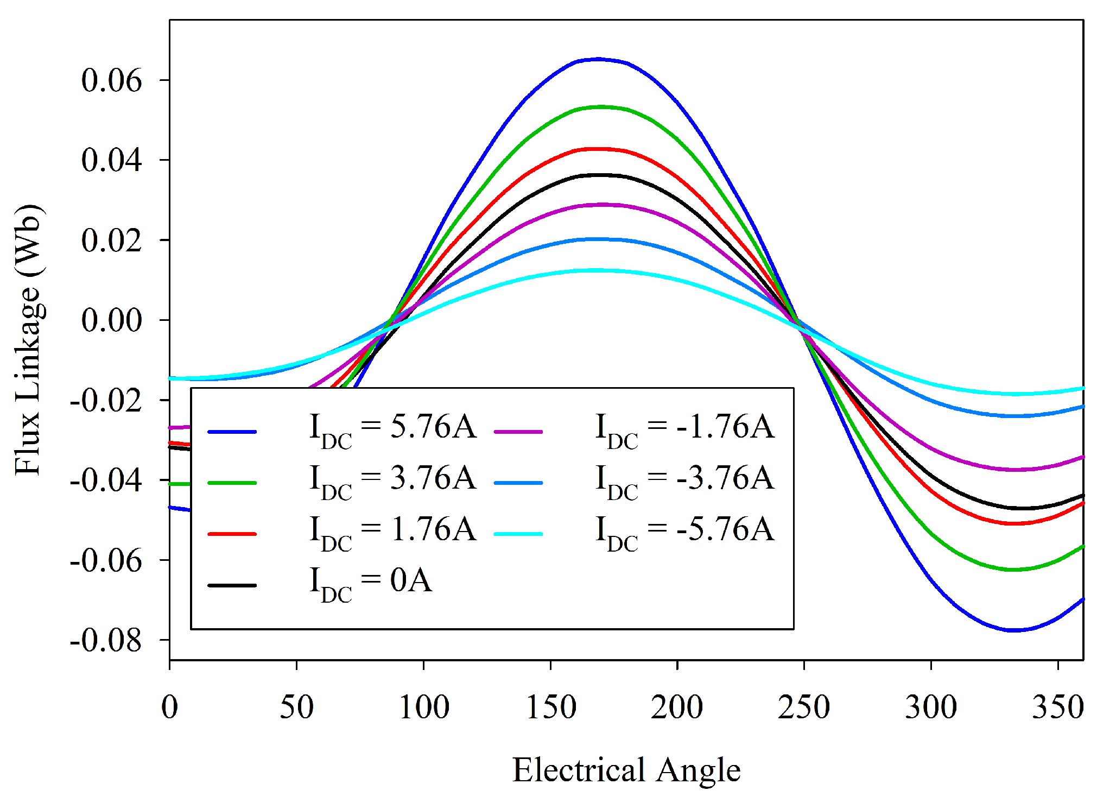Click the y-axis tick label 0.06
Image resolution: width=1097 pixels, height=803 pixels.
(111, 80)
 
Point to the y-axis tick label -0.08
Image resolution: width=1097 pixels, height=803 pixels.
(106, 640)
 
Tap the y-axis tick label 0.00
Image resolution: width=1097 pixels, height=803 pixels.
(111, 320)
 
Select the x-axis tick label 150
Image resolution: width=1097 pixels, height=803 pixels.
(551, 707)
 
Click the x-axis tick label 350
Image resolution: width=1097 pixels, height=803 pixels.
(1057, 707)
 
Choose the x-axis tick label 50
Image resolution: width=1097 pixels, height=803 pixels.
(296, 707)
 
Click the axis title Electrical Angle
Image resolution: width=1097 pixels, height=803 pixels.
(626, 770)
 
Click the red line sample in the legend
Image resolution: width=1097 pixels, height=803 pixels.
(232, 534)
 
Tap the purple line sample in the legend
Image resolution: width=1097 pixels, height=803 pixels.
(518, 432)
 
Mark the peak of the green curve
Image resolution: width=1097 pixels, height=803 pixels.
(600, 107)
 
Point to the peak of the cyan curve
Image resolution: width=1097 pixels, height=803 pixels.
(597, 270)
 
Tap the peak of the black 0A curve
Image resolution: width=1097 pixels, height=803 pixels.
(599, 175)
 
